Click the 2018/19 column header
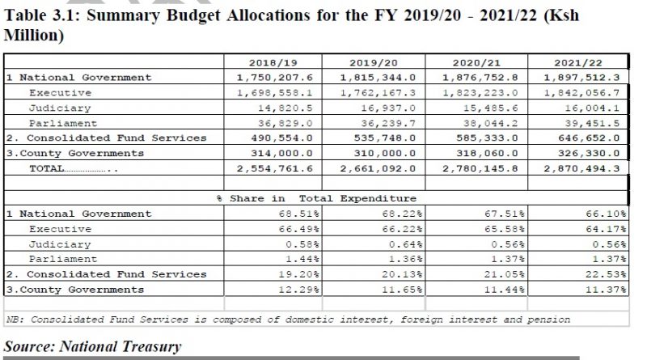[x=273, y=63]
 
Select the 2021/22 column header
[x=578, y=63]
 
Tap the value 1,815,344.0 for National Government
[x=378, y=78]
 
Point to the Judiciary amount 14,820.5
[x=285, y=108]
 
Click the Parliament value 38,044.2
[x=490, y=124]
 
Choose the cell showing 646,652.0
[x=589, y=138]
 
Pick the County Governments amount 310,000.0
[x=385, y=153]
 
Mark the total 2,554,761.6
[x=275, y=168]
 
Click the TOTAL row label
[x=47, y=168]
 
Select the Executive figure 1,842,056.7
[x=581, y=93]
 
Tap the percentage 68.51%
[x=298, y=214]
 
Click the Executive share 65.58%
[x=504, y=229]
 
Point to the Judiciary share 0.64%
[x=405, y=244]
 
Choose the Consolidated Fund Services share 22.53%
[x=606, y=274]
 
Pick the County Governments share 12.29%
[x=298, y=290]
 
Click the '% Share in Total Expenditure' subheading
[x=316, y=198]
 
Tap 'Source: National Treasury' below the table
[x=92, y=346]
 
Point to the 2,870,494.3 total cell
[x=581, y=168]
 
